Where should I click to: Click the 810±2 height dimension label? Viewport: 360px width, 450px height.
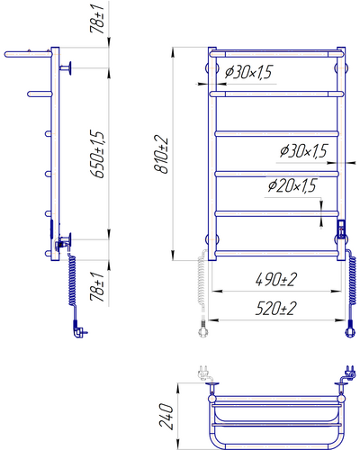tap(161, 154)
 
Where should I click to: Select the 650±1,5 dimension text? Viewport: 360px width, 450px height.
tap(98, 154)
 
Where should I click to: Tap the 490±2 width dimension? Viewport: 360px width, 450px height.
tap(276, 279)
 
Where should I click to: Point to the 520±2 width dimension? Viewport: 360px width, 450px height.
tap(276, 308)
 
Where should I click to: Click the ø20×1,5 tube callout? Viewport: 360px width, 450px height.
tap(292, 185)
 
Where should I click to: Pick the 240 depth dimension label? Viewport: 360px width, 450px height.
tap(166, 416)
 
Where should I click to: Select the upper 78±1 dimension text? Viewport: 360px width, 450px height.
tap(97, 19)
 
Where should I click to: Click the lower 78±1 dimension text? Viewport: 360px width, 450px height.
tap(97, 287)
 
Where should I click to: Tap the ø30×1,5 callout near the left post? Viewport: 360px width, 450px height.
tap(248, 72)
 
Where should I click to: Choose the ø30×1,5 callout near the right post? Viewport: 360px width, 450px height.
tap(303, 150)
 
